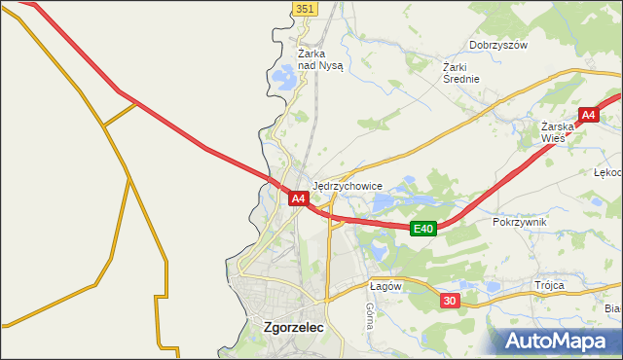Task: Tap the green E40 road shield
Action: coord(421,229)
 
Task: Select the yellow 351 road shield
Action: coord(305,8)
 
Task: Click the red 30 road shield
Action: coord(449,301)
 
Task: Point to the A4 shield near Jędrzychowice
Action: coord(299,198)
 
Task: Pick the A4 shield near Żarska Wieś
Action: coord(588,116)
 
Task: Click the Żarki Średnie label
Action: coord(461,73)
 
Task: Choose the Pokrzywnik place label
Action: coord(520,222)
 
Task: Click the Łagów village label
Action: coord(385,286)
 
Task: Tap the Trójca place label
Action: coord(549,285)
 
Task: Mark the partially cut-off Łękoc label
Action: coord(607,172)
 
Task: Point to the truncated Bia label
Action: coord(612,308)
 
